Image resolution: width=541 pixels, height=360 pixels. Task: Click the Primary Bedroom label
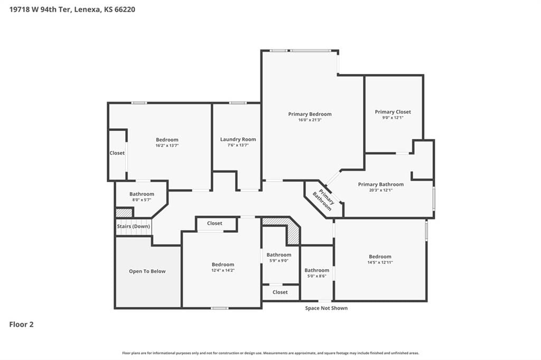(x=310, y=114)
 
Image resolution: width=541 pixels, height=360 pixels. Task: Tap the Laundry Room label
(x=238, y=139)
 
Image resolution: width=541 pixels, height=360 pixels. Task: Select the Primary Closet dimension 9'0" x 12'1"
(x=393, y=118)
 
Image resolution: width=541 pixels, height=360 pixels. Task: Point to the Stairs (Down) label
(x=134, y=226)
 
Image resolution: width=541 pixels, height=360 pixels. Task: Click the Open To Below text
(x=147, y=271)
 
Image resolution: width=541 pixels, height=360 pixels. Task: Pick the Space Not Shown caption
(x=327, y=308)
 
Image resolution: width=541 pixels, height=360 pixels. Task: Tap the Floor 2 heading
(x=21, y=325)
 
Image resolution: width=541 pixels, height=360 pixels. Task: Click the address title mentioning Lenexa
(x=72, y=10)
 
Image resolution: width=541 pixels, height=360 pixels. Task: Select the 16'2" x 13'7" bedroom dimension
(x=167, y=146)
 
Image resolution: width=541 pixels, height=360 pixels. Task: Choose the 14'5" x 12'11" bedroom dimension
(x=380, y=262)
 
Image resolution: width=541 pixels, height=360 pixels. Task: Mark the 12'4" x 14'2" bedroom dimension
(x=223, y=270)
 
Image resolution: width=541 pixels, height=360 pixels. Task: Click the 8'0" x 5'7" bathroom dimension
(x=142, y=200)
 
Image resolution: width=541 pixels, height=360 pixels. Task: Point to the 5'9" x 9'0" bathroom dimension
(x=279, y=261)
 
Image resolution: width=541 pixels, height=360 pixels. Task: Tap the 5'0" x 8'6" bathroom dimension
(x=317, y=276)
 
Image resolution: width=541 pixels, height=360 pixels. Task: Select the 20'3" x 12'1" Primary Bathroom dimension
(x=381, y=190)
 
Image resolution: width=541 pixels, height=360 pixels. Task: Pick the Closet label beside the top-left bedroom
(x=117, y=153)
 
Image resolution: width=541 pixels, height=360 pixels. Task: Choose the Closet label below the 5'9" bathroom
(x=280, y=292)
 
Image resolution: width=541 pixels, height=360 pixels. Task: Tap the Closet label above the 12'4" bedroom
(x=214, y=223)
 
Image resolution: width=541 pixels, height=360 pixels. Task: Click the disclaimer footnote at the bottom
(x=270, y=353)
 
